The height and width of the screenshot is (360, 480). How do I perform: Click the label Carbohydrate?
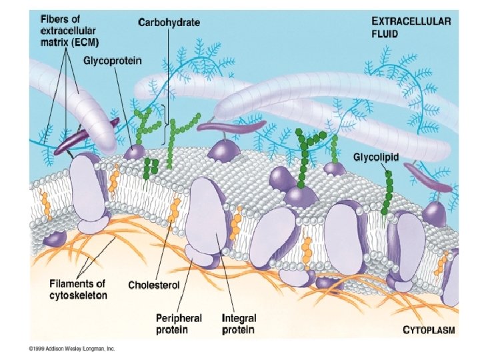coord(169,22)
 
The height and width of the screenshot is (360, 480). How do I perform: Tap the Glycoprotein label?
coord(112,61)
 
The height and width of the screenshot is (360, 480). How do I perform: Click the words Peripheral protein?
coord(177,324)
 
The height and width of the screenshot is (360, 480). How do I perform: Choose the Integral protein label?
coord(239,324)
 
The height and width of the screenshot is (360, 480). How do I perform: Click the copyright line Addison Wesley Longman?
coord(68,348)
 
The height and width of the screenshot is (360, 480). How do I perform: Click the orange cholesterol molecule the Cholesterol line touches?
coord(175,210)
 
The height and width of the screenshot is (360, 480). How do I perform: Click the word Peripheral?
coord(177,319)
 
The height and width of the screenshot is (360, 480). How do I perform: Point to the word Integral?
coord(239,319)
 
